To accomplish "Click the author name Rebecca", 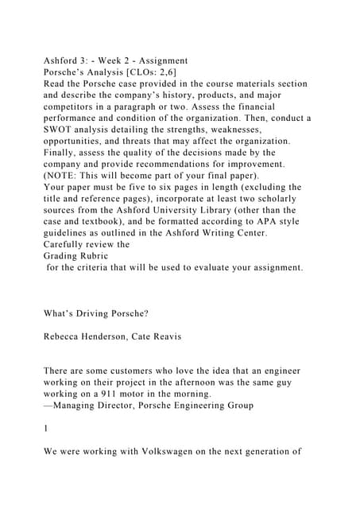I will (x=65, y=336).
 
